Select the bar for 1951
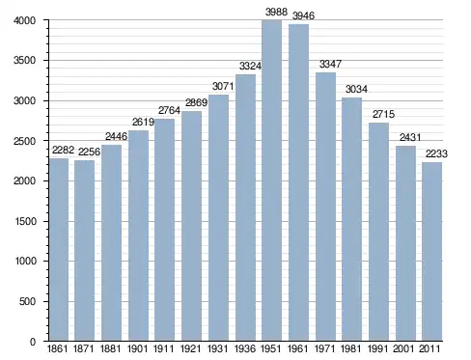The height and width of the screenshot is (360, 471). (271, 180)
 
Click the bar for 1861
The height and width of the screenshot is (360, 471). (59, 250)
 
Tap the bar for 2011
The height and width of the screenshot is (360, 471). (431, 252)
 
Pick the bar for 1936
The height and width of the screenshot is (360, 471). (245, 208)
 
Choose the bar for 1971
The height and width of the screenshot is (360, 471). (325, 207)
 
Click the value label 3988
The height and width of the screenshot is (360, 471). (276, 13)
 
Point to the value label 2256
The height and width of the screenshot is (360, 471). (89, 152)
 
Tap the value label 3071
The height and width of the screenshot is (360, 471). (223, 86)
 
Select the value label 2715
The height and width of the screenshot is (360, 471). (383, 114)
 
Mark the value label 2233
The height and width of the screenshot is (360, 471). (436, 153)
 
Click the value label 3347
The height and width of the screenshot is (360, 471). (330, 64)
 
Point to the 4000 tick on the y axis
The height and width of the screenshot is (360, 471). (24, 20)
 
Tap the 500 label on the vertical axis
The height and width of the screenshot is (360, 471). (28, 301)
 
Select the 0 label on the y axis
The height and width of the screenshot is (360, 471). (33, 342)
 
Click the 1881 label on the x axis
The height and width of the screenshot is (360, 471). (110, 348)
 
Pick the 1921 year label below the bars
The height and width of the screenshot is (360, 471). (191, 348)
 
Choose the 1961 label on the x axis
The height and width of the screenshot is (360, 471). (297, 348)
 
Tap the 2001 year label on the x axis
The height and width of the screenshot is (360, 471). (403, 348)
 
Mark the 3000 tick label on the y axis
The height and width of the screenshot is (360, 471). (24, 100)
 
